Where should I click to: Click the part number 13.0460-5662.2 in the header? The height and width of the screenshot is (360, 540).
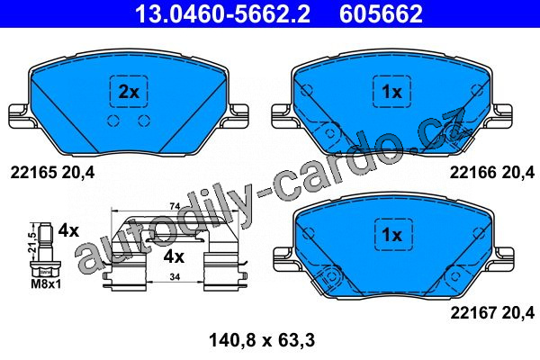pos(222,13)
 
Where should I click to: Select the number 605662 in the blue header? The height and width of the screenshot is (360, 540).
pos(381,13)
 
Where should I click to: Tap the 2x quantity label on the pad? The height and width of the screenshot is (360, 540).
pos(129,92)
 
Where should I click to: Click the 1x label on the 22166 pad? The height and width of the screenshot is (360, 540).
pos(391,92)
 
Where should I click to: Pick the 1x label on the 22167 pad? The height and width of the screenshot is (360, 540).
pos(392,235)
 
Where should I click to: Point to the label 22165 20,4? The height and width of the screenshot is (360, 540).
pos(52,172)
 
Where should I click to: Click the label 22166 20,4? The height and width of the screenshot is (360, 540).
pos(492,172)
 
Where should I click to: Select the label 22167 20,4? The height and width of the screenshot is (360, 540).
pos(492,313)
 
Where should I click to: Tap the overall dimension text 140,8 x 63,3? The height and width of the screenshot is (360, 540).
pos(262,341)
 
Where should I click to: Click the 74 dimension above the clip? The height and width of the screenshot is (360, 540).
pos(175,206)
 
